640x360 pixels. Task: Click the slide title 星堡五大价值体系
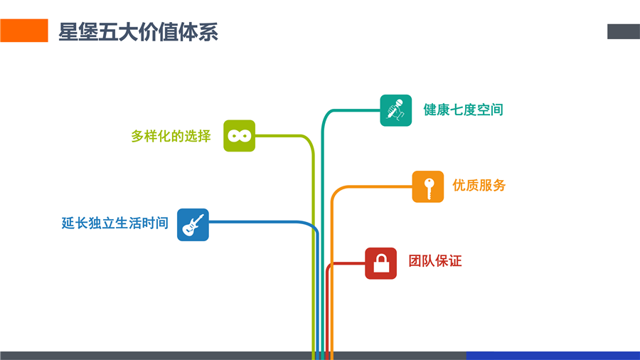[138, 32]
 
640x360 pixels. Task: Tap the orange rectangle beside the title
[24, 31]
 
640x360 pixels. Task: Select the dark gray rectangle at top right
[623, 31]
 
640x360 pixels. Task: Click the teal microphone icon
[395, 110]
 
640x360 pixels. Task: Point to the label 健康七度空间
[463, 110]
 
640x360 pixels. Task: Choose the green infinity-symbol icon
[239, 136]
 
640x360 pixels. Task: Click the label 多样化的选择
[171, 136]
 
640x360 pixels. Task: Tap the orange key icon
[428, 186]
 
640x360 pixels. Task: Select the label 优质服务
[479, 186]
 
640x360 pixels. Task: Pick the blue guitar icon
[193, 224]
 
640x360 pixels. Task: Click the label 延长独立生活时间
[115, 223]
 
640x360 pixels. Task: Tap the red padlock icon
[381, 263]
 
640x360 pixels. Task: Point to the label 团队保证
[434, 261]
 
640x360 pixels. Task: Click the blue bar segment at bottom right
[553, 355]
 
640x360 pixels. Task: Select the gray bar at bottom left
[156, 355]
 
